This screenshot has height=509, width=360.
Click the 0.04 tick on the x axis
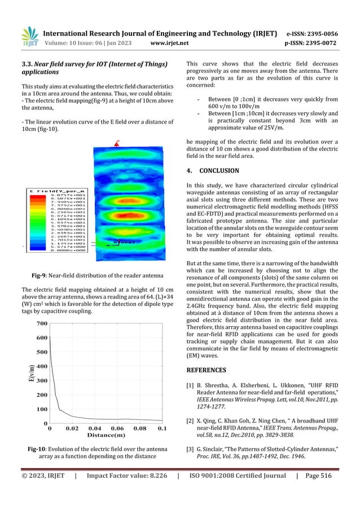coord(94,429)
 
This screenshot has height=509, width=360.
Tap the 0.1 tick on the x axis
coord(161,429)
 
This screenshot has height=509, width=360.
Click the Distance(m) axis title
coord(105,436)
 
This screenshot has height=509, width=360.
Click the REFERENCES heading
coord(210,371)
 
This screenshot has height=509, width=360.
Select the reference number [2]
coord(190,420)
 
